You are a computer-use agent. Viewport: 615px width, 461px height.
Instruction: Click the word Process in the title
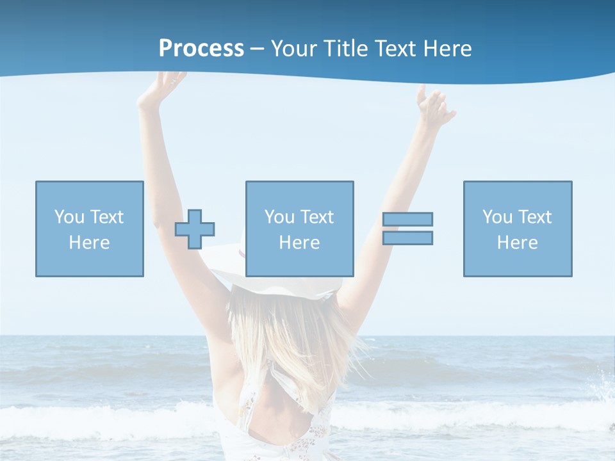pyautogui.click(x=201, y=49)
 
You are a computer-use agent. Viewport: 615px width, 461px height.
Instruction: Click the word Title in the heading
pyautogui.click(x=345, y=49)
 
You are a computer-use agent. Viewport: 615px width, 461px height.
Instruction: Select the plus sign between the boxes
pyautogui.click(x=195, y=229)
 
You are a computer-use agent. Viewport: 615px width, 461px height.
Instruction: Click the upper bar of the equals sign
pyautogui.click(x=407, y=219)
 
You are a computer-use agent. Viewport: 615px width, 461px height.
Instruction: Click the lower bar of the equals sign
pyautogui.click(x=407, y=238)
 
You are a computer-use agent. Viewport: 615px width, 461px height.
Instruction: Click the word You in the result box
pyautogui.click(x=497, y=217)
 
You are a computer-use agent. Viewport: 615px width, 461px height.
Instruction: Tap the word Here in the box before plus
pyautogui.click(x=90, y=243)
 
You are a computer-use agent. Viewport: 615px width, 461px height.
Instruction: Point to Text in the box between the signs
pyautogui.click(x=318, y=217)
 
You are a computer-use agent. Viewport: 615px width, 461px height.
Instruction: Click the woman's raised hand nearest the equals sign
pyautogui.click(x=434, y=105)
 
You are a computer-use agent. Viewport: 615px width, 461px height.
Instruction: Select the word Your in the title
pyautogui.click(x=295, y=49)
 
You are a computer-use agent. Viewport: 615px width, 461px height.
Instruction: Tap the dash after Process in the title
pyautogui.click(x=257, y=49)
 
